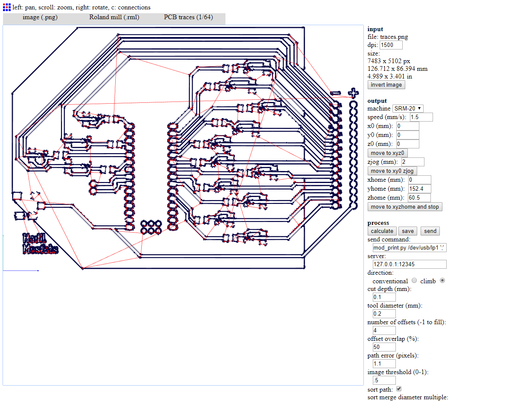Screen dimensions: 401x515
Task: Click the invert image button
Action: (386, 84)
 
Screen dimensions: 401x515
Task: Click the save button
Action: (408, 231)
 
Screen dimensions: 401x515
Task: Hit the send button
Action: (430, 231)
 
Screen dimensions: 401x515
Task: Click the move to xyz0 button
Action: (387, 153)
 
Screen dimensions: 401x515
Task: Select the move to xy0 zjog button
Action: (392, 171)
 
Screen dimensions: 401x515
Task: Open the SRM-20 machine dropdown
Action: (408, 108)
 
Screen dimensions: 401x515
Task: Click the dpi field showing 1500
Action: (391, 45)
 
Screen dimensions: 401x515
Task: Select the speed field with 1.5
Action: (421, 117)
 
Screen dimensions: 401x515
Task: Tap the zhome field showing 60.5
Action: (419, 198)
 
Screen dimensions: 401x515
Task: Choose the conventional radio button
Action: (414, 281)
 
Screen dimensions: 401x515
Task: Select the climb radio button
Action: (442, 281)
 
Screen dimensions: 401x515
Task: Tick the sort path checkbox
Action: (399, 389)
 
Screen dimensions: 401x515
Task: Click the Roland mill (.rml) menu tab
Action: (114, 17)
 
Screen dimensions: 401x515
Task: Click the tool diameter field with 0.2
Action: (384, 314)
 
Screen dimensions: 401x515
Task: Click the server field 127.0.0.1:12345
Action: (410, 264)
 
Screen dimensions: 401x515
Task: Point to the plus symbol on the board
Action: (353, 92)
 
